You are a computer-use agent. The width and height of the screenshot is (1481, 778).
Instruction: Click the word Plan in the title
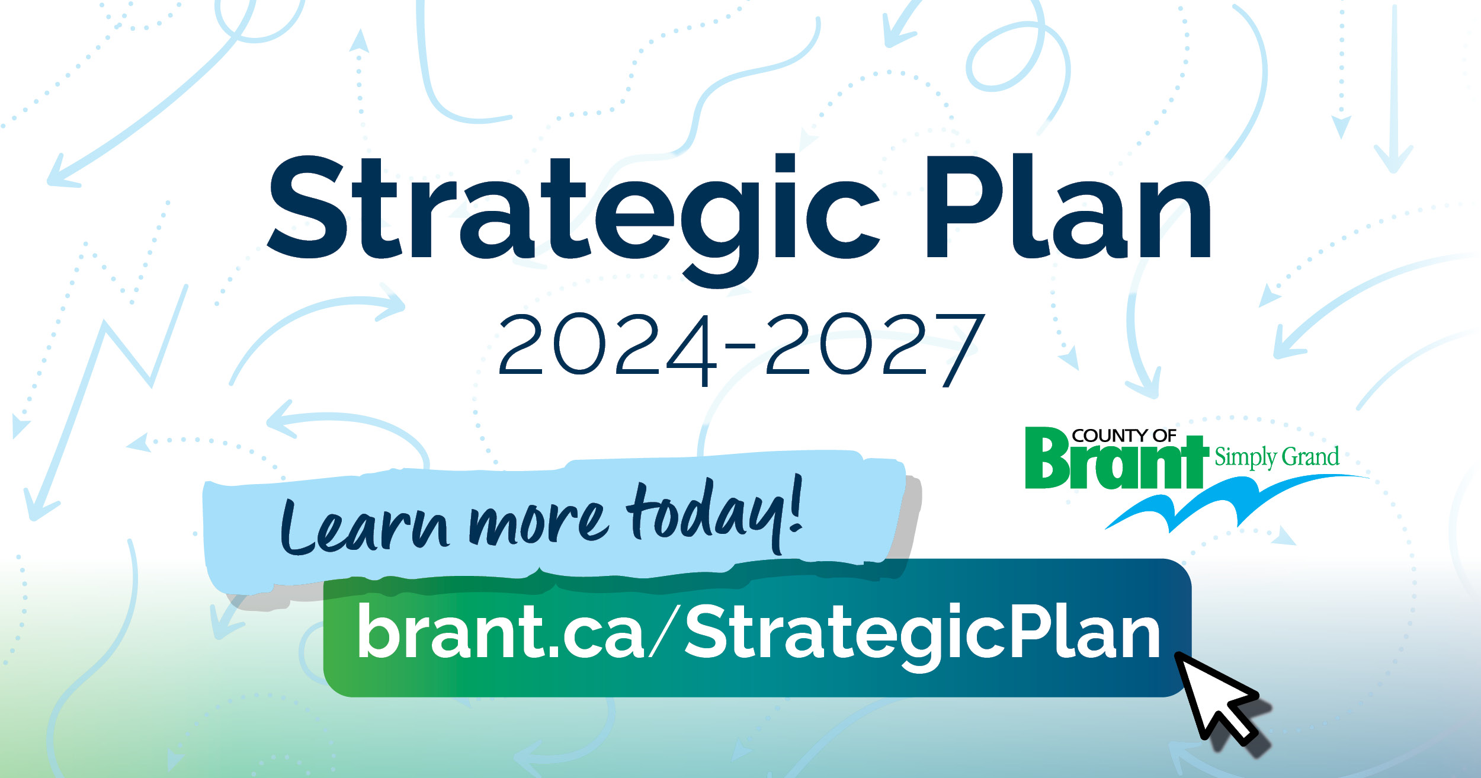click(1069, 207)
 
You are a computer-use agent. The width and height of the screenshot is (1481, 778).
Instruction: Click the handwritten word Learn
click(364, 527)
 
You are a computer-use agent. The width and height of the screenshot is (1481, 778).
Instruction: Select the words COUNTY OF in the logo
click(1123, 436)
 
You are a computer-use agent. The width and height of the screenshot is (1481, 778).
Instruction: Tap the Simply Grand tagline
click(1277, 458)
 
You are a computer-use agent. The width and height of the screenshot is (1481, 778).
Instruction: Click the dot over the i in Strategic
click(785, 164)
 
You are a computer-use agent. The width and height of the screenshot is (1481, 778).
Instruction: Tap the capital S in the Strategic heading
click(307, 207)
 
